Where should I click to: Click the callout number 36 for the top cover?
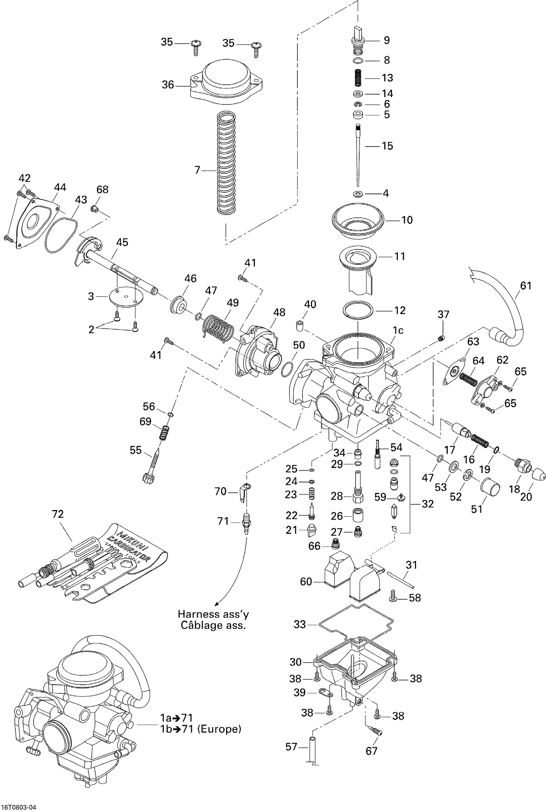168,85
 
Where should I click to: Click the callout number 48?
279,312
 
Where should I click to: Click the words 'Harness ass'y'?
213,614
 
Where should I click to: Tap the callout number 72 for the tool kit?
58,514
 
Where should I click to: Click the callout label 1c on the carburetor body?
398,330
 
